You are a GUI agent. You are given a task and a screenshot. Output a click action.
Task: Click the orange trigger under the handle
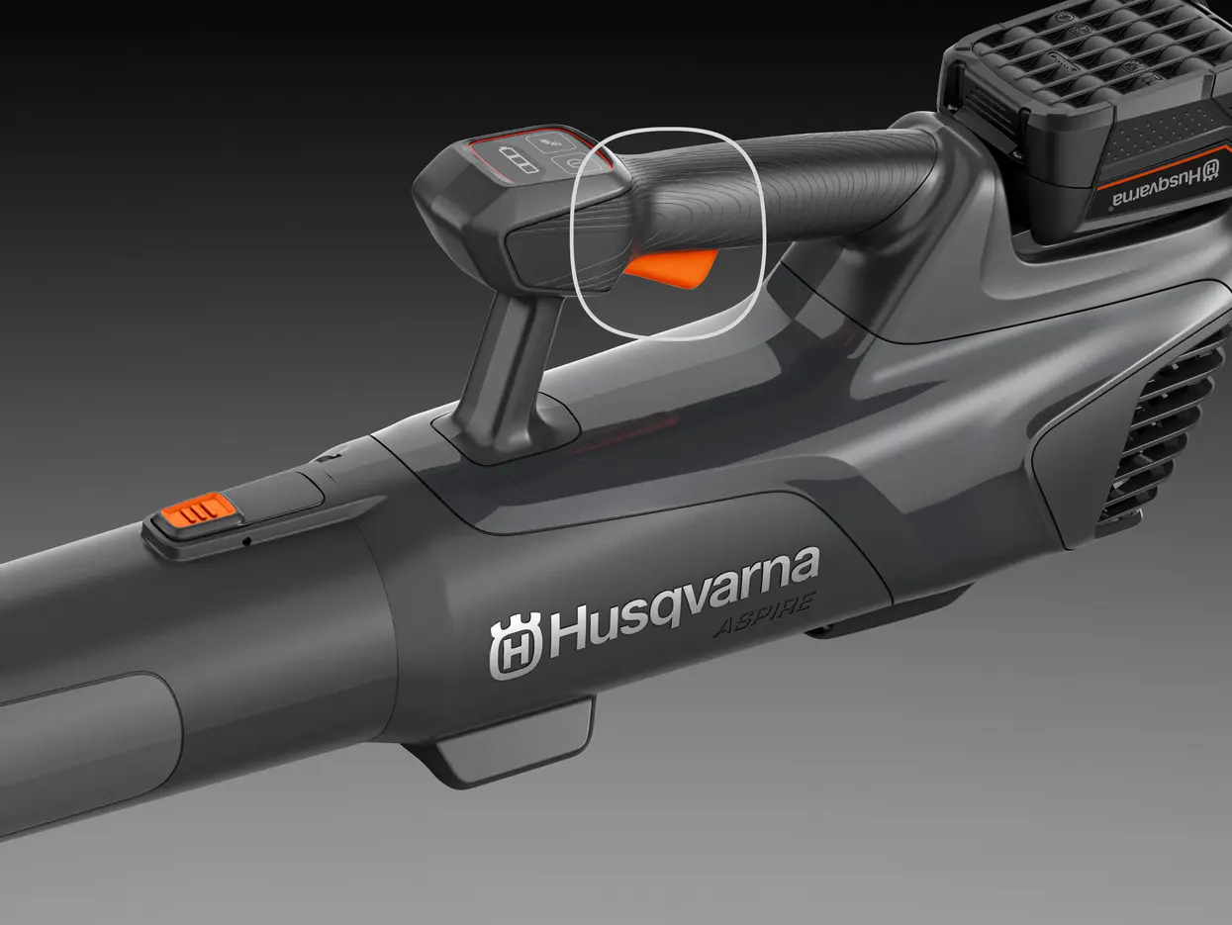671,267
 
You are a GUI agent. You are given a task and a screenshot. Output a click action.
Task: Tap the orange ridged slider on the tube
198,509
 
